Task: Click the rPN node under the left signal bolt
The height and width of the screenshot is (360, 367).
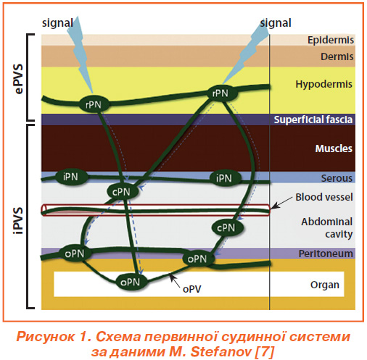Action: pyautogui.click(x=94, y=104)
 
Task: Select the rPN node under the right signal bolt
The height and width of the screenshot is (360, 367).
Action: pyautogui.click(x=220, y=93)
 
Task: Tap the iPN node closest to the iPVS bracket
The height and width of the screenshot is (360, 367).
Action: pyautogui.click(x=71, y=177)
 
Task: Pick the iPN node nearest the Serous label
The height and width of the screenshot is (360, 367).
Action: pyautogui.click(x=224, y=178)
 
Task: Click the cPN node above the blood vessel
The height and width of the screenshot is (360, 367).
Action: pyautogui.click(x=122, y=192)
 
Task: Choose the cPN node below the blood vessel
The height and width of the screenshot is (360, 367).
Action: pyautogui.click(x=226, y=227)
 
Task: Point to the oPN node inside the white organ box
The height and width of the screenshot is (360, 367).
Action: pyautogui.click(x=131, y=282)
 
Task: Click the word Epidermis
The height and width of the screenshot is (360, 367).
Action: pyautogui.click(x=330, y=40)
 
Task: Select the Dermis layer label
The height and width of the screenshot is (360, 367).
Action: pyautogui.click(x=337, y=56)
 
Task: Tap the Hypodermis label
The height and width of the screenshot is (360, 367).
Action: pyautogui.click(x=323, y=84)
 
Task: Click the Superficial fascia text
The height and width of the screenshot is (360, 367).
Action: pyautogui.click(x=313, y=120)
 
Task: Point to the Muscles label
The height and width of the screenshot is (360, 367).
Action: pyautogui.click(x=334, y=148)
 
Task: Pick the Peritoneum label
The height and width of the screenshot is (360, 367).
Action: pyautogui.click(x=326, y=254)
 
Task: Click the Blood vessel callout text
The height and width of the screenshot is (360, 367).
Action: pyautogui.click(x=324, y=197)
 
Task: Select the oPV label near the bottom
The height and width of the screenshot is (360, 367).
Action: pyautogui.click(x=192, y=289)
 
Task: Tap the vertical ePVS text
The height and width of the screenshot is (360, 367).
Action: pyautogui.click(x=19, y=79)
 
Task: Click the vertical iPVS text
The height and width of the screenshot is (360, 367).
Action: pyautogui.click(x=19, y=221)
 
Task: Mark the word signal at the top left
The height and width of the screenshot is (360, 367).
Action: pyautogui.click(x=57, y=23)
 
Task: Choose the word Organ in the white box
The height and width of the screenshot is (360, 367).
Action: pyautogui.click(x=325, y=285)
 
